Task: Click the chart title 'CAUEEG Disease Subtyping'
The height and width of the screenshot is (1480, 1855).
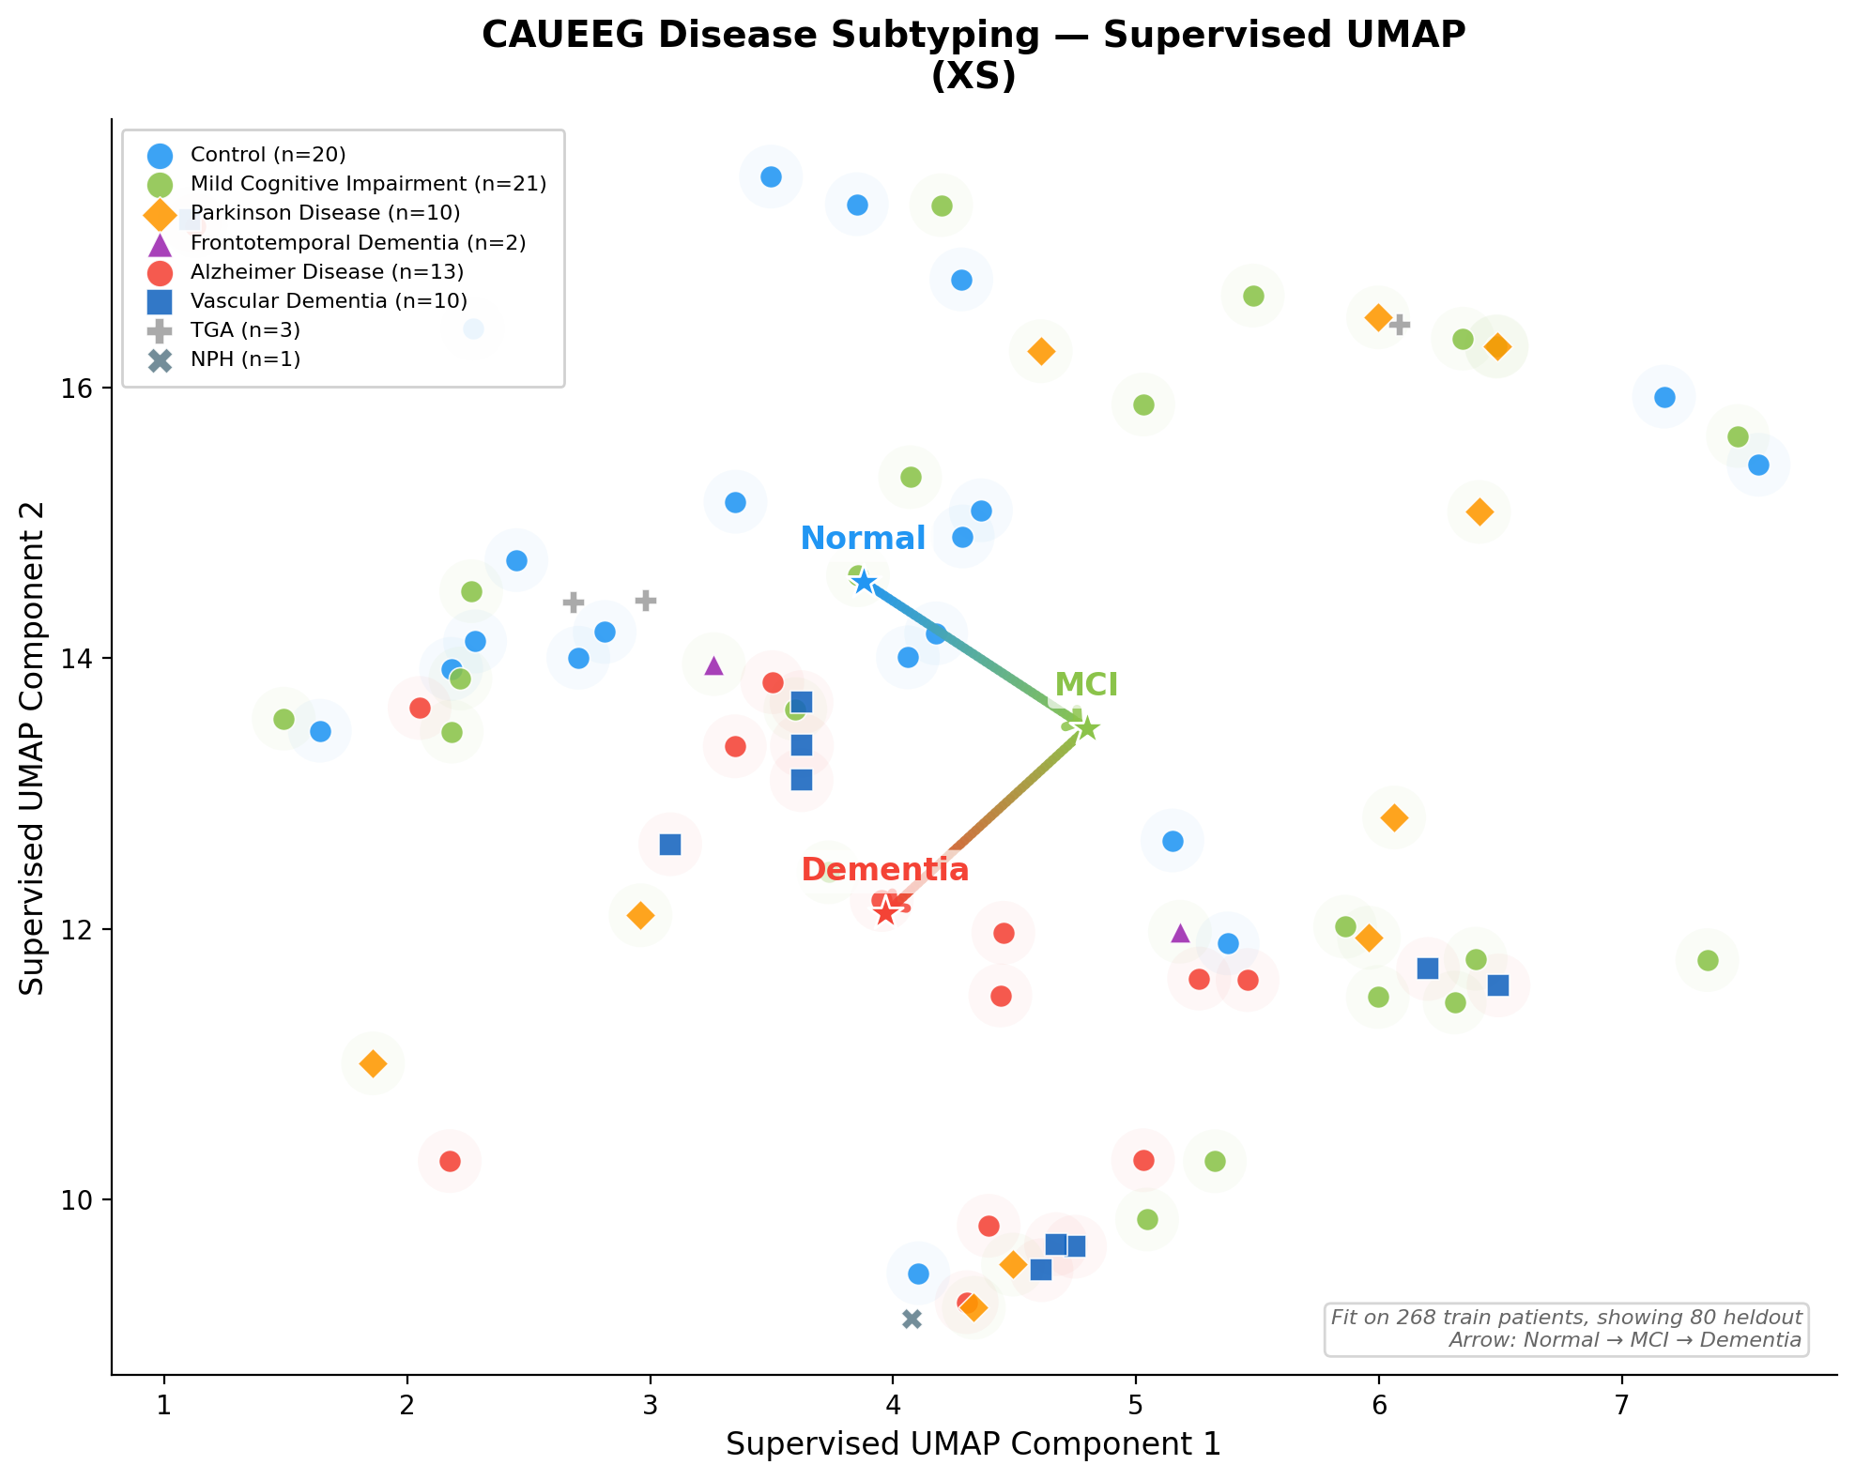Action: coord(973,36)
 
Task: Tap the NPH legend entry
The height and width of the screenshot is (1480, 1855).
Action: coord(244,359)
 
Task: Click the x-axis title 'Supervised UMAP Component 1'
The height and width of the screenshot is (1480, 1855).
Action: coord(973,1444)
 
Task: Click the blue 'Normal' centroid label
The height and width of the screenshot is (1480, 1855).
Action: coord(863,539)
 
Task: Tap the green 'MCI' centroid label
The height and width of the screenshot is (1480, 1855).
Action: coord(1086,685)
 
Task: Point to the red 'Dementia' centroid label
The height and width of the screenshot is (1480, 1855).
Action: coord(884,870)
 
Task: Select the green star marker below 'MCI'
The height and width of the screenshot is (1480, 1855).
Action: coord(1086,728)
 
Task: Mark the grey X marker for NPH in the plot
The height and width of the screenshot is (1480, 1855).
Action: coord(912,1320)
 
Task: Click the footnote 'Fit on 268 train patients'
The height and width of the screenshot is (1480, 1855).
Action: coord(1566,1317)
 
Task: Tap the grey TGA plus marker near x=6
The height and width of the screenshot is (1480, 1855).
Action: coord(1400,325)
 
